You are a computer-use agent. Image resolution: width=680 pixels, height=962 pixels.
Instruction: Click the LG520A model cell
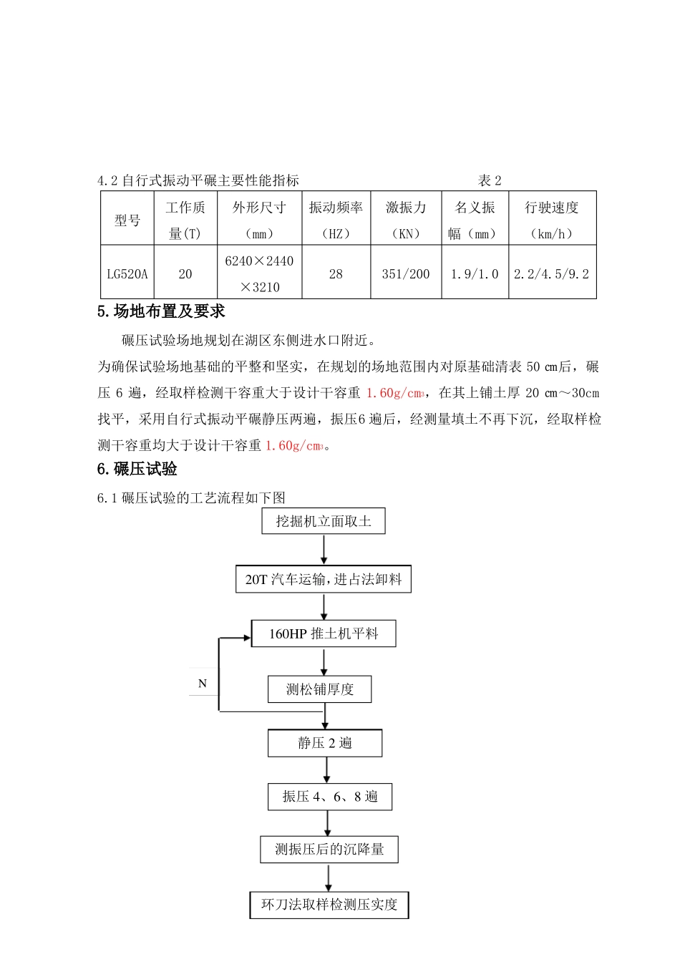point(127,274)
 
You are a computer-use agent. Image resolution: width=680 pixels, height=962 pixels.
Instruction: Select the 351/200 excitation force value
point(406,274)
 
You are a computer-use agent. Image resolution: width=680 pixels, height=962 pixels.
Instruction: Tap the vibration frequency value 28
point(336,274)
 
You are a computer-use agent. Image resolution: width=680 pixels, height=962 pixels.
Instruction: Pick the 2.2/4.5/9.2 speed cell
point(551,274)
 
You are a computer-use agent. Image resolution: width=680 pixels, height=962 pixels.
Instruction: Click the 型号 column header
point(127,220)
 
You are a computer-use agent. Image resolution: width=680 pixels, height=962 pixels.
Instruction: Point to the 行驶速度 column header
point(551,208)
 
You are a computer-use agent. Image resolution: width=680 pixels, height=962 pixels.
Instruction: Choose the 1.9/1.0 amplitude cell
point(475,274)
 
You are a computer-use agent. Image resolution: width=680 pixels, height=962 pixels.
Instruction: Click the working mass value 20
point(185,274)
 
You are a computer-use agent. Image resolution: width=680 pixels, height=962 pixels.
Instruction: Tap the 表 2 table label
point(490,180)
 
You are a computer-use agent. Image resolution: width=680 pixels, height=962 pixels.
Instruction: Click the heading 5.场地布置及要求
point(161,311)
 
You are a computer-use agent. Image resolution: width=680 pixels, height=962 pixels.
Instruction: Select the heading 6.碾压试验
point(137,470)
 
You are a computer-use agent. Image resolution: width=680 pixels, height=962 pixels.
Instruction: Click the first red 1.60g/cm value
point(394,393)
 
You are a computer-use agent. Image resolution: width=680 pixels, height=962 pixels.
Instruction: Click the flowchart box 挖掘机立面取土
point(324,521)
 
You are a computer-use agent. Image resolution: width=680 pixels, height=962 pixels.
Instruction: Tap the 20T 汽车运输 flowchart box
point(324,579)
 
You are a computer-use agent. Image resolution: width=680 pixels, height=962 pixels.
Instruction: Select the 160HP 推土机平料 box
point(324,633)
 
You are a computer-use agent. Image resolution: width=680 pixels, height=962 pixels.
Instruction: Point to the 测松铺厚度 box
point(320,689)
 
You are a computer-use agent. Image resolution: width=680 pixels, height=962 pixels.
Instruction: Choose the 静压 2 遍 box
point(325,743)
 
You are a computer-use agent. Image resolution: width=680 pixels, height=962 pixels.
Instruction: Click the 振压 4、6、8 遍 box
point(330,797)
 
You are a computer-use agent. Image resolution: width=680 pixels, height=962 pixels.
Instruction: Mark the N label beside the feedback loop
point(203,684)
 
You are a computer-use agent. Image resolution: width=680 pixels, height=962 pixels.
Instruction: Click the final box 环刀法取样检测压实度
point(329,905)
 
